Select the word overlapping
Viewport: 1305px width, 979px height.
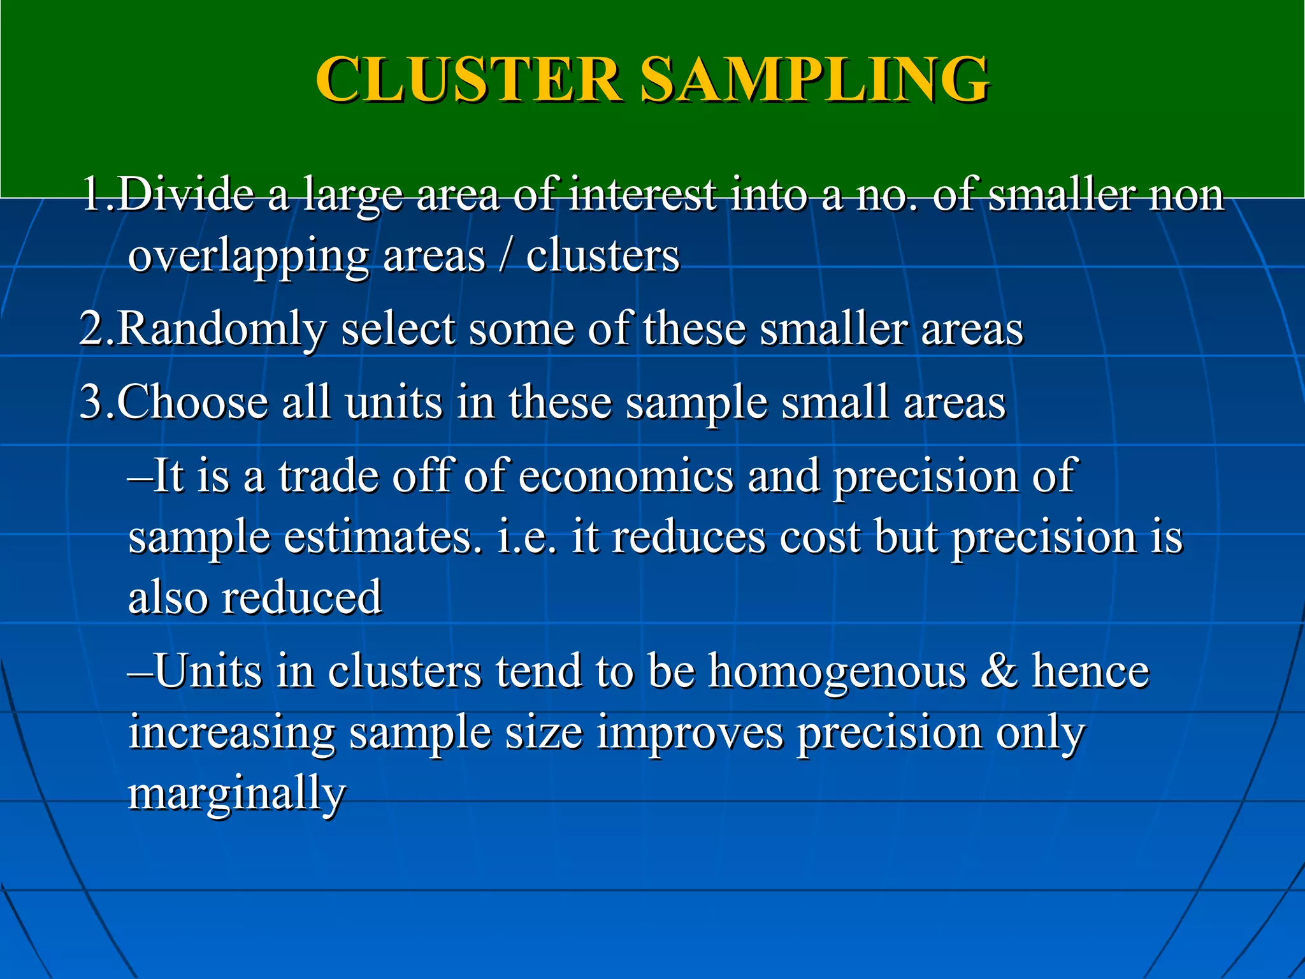249,257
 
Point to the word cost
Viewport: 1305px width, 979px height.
820,537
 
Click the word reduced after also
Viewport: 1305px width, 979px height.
301,598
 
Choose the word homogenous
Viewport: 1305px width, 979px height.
837,671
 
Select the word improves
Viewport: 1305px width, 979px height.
690,733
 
